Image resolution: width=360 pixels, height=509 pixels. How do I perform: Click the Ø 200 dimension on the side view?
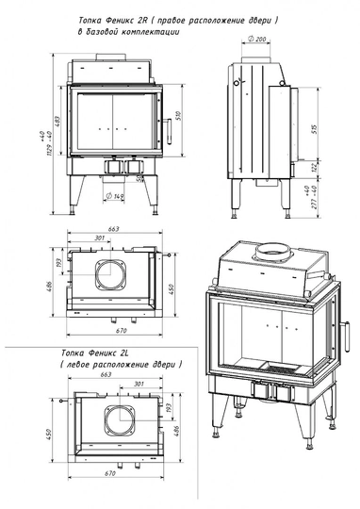point(255,38)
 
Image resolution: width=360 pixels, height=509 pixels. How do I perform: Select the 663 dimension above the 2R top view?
point(112,228)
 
